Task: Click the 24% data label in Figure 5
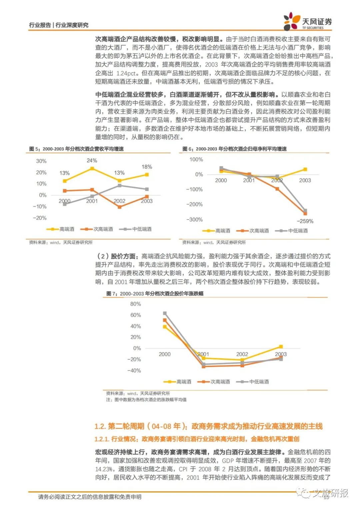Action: (x=92, y=161)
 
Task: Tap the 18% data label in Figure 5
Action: (x=147, y=167)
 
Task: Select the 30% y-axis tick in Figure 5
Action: (x=41, y=161)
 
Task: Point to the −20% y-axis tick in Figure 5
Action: (x=40, y=218)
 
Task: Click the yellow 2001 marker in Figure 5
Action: (x=92, y=169)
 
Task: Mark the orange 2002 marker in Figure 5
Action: (x=119, y=207)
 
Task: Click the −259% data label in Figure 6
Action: (x=305, y=221)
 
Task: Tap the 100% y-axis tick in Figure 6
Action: (x=196, y=160)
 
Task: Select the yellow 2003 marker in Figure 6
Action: (x=305, y=170)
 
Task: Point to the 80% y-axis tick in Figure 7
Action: (x=136, y=304)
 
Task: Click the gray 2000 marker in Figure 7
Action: (x=165, y=313)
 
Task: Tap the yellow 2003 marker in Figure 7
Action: (x=281, y=347)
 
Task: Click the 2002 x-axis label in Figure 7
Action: (x=242, y=354)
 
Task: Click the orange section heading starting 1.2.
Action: (x=209, y=426)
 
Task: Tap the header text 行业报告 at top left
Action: (x=40, y=25)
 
